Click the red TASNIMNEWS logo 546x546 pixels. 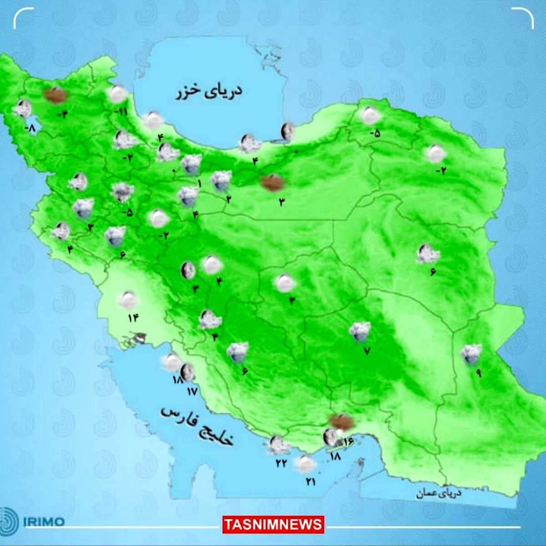pyautogui.click(x=273, y=524)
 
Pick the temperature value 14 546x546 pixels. pyautogui.click(x=132, y=318)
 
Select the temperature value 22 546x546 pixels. pyautogui.click(x=281, y=462)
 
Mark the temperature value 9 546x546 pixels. pyautogui.click(x=479, y=373)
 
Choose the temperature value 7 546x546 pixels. pyautogui.click(x=367, y=351)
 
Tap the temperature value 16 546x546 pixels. pyautogui.click(x=349, y=441)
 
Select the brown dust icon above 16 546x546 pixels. pyautogui.click(x=342, y=422)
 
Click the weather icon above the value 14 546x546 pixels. pyautogui.click(x=128, y=299)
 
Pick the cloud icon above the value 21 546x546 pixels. pyautogui.click(x=305, y=464)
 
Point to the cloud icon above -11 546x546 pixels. pyautogui.click(x=118, y=94)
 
